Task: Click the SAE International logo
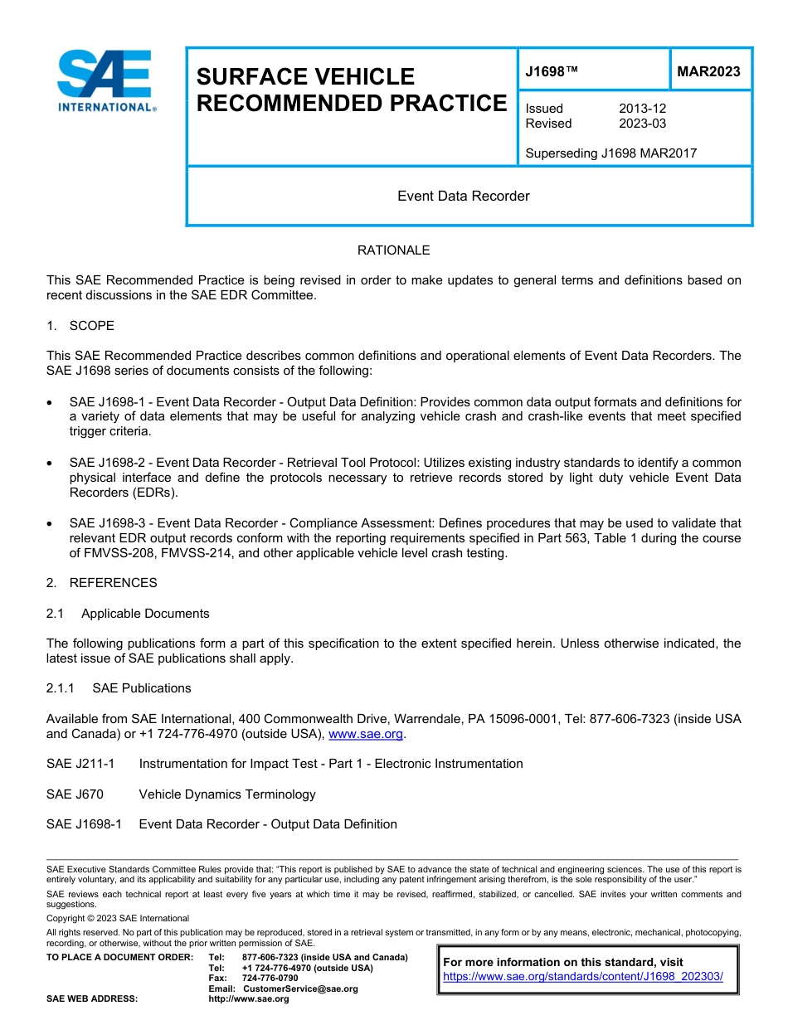point(105,80)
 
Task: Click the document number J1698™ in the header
point(552,72)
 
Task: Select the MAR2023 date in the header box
point(708,72)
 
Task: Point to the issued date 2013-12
point(642,109)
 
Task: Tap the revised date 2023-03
point(642,124)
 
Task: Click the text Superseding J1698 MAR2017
point(610,153)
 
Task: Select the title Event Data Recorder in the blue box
point(463,197)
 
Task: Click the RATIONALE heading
point(393,250)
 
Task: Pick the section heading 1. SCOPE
point(80,326)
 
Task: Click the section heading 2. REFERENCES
point(101,583)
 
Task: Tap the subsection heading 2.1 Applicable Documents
point(128,614)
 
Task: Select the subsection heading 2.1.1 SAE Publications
point(119,688)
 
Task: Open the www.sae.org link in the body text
point(365,734)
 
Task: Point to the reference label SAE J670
point(75,794)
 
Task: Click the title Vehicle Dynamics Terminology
point(227,794)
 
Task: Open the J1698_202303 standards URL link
point(583,977)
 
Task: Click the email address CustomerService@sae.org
point(300,988)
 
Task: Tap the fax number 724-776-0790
point(270,979)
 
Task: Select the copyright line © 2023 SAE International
point(118,918)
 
